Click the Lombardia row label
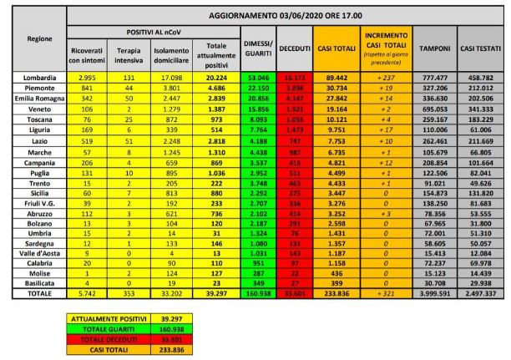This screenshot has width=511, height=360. click(x=35, y=77)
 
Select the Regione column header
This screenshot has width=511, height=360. click(x=35, y=38)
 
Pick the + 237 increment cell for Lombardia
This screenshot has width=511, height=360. click(x=386, y=77)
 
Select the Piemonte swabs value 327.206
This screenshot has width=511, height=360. click(x=435, y=86)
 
